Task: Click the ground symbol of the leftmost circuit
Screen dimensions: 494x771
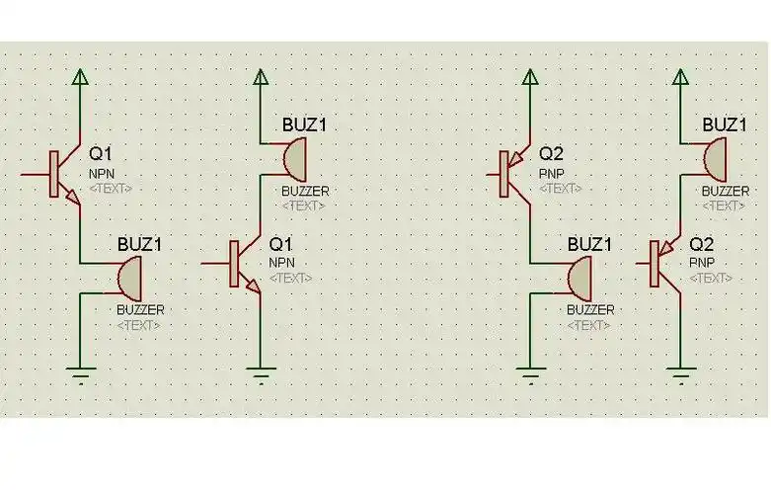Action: pyautogui.click(x=81, y=373)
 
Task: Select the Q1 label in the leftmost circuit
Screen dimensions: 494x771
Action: pyautogui.click(x=102, y=154)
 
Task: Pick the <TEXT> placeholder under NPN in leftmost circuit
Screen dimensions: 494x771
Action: pyautogui.click(x=110, y=188)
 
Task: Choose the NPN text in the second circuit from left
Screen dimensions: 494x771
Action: pyautogui.click(x=281, y=262)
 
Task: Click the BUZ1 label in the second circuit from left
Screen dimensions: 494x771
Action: pyautogui.click(x=305, y=125)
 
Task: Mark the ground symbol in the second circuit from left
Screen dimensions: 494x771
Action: pyautogui.click(x=261, y=374)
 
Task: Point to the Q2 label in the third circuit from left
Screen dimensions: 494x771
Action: pyautogui.click(x=551, y=154)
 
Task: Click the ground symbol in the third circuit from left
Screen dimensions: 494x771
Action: pyautogui.click(x=531, y=374)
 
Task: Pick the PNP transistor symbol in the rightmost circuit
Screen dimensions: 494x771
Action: pyautogui.click(x=661, y=265)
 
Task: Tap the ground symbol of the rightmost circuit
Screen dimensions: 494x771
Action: pyautogui.click(x=679, y=374)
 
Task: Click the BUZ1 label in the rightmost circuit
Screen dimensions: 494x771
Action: pyautogui.click(x=724, y=124)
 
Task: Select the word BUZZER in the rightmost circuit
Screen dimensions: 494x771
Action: pyautogui.click(x=724, y=191)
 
